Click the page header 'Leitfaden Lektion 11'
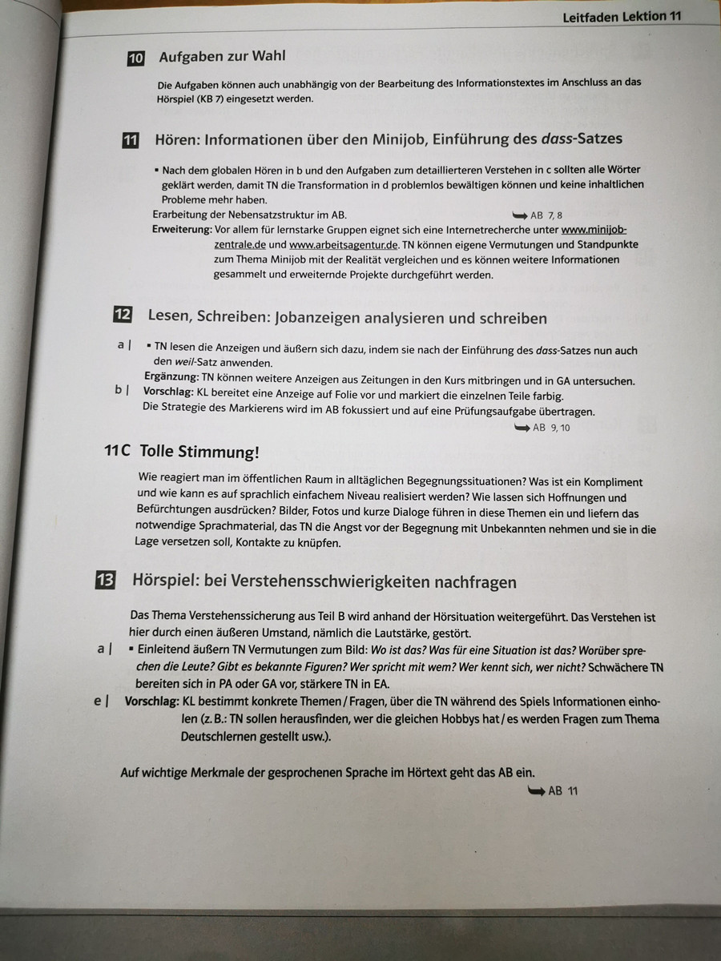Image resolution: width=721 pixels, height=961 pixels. tap(622, 17)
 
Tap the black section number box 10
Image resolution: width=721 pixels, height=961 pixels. tap(136, 58)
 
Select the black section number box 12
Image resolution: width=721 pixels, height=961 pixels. tap(123, 315)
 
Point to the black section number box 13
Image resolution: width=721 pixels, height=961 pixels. tap(105, 581)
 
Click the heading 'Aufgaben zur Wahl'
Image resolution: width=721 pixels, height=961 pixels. tap(222, 57)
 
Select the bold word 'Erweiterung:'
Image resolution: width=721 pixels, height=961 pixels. tap(183, 230)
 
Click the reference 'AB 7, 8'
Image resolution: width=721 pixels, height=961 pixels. tap(547, 215)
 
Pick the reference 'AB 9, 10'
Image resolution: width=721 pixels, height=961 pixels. tap(552, 428)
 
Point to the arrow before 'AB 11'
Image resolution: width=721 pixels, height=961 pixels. tap(535, 791)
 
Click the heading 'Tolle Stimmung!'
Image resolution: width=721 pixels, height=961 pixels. tap(199, 452)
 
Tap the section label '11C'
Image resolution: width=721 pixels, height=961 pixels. tap(117, 451)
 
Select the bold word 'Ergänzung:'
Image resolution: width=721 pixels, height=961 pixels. tap(171, 380)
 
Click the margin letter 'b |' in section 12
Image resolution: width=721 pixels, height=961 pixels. tap(123, 390)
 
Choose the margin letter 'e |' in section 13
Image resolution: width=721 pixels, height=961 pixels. tap(102, 701)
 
